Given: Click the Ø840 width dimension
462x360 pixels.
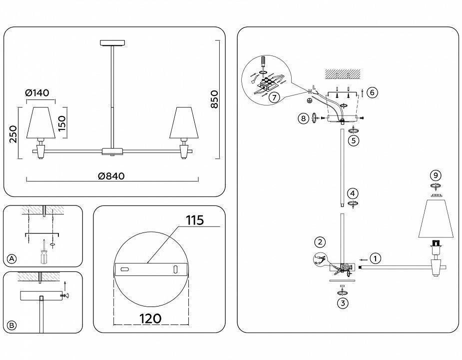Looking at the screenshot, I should coord(111,176).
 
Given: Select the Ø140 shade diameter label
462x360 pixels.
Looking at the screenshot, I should coord(38,93).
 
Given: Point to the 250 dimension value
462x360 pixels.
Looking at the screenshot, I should coord(13,134).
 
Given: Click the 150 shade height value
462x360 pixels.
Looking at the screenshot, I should coord(62,122).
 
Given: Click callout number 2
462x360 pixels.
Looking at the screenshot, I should coord(320,242).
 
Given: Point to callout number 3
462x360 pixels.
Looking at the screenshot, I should coord(342,302).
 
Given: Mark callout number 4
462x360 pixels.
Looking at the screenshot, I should coord(353,193).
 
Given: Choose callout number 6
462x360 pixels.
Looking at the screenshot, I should coord(372,92).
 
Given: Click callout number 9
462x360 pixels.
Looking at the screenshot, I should coord(436,175).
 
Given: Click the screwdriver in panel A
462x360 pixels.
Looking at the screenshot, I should coord(44,252).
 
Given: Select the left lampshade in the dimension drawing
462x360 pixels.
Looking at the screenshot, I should coord(40,122).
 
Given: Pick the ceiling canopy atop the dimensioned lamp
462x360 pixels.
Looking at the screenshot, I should coord(111,43).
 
